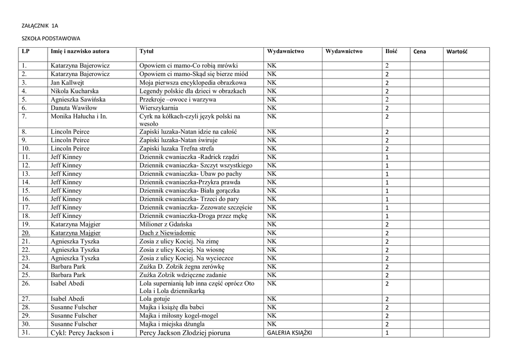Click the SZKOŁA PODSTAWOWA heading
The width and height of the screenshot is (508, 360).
click(x=52, y=38)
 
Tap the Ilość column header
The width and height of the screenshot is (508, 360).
click(x=391, y=52)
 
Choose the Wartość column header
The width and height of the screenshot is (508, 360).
click(x=457, y=52)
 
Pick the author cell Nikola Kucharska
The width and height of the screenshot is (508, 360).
click(x=74, y=91)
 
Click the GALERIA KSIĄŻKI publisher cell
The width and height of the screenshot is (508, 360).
click(x=289, y=333)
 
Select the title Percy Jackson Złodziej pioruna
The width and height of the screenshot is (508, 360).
click(x=186, y=333)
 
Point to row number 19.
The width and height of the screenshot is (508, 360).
click(x=26, y=224)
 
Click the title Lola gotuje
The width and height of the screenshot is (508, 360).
click(x=155, y=299)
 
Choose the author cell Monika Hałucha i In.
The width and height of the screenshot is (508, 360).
click(x=79, y=116)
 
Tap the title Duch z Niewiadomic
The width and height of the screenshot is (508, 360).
click(x=168, y=233)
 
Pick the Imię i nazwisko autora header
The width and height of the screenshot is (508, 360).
click(x=80, y=52)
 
